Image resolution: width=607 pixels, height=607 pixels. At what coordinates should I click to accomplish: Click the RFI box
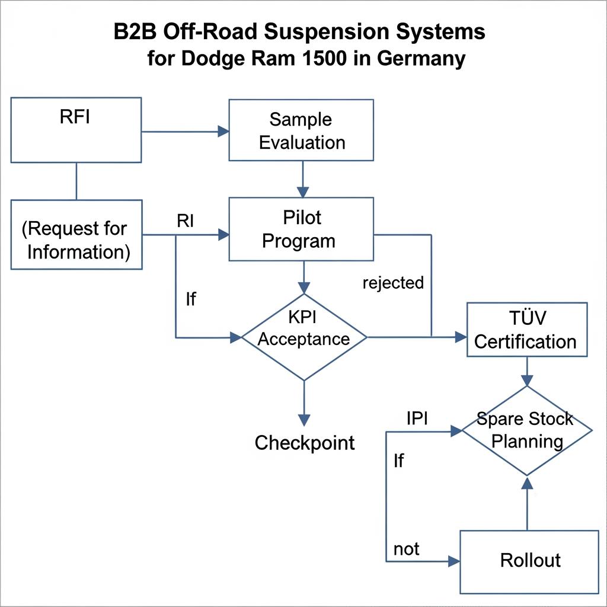click(x=76, y=130)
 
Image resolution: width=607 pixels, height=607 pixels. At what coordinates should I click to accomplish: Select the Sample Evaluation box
click(x=301, y=130)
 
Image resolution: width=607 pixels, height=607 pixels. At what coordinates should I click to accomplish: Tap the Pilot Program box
click(x=301, y=229)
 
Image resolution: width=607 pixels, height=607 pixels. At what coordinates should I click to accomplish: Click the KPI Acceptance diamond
click(x=303, y=337)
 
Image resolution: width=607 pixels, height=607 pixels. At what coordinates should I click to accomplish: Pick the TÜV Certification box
click(x=526, y=330)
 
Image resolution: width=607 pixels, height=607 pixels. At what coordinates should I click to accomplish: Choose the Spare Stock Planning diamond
click(x=526, y=430)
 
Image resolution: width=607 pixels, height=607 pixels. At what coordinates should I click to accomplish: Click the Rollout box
click(x=529, y=561)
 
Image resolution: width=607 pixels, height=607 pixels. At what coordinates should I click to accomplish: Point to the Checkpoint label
click(x=305, y=442)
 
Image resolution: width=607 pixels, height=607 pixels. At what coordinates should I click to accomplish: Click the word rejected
click(x=393, y=283)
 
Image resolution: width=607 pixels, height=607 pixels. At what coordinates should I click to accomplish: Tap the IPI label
click(x=417, y=418)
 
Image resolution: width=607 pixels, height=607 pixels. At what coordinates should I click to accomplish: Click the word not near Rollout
click(x=406, y=549)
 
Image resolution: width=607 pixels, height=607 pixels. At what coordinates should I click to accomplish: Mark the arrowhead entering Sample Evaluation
click(x=223, y=131)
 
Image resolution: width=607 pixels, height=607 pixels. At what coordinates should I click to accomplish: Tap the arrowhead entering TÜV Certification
click(x=461, y=337)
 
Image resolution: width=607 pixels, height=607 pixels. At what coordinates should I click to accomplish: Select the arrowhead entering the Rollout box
click(x=455, y=561)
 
